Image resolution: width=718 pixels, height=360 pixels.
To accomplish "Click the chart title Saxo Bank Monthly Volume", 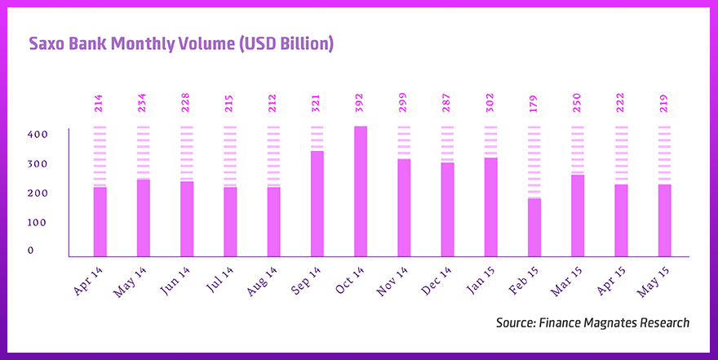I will point(181,44).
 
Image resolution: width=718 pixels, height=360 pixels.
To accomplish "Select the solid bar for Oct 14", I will point(361,191).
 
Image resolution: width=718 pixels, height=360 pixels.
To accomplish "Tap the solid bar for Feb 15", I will point(534,227).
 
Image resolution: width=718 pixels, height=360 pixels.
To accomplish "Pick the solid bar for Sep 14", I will point(317,203).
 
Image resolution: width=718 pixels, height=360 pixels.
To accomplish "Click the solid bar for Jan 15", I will point(491,207).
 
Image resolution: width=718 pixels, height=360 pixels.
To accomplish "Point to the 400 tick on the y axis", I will point(38,134).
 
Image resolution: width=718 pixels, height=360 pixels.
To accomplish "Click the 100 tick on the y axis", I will point(38,222).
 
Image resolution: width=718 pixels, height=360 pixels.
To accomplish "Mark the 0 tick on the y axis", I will point(31,251).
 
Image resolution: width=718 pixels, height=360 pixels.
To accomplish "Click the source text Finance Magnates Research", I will point(592,322).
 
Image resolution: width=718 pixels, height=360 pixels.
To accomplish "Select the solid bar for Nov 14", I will point(404,207).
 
